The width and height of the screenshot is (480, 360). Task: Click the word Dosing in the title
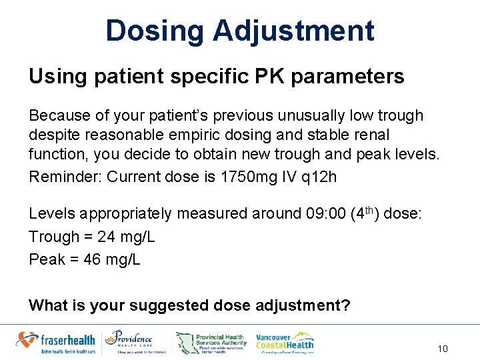point(155,31)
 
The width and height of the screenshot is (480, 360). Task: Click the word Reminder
point(65,177)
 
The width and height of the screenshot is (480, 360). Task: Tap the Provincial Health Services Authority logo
point(212,342)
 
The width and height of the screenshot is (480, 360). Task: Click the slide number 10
point(443,349)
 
